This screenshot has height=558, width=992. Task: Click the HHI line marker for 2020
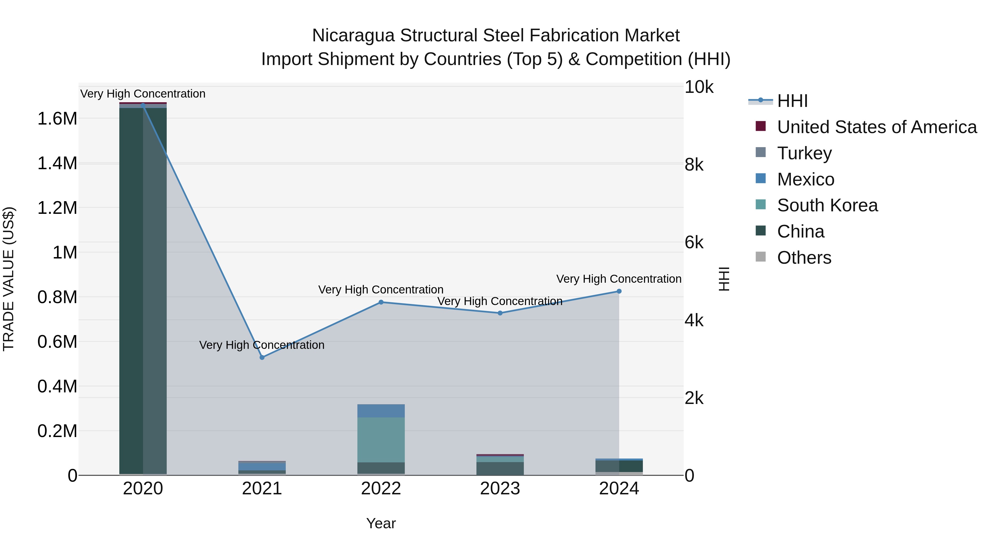[x=143, y=106]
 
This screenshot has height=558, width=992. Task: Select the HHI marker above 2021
[x=262, y=357]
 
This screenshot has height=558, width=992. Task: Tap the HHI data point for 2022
[x=381, y=302]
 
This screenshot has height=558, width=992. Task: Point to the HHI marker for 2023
[x=500, y=313]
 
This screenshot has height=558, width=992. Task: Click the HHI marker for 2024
[x=619, y=292]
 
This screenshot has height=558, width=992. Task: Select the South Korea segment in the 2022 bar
[x=381, y=440]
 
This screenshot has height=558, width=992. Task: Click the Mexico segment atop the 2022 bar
[x=381, y=411]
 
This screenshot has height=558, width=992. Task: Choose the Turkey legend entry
[x=804, y=153]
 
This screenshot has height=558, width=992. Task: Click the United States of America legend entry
[x=877, y=127]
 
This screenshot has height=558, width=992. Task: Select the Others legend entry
[x=804, y=258]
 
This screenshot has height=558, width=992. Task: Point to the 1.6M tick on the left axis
[x=57, y=118]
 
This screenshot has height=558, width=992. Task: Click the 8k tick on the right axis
[x=694, y=165]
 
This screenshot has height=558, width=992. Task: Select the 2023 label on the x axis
[x=500, y=489]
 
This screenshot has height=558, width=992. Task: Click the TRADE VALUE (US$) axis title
[x=9, y=279]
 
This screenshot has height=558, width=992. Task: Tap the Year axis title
[x=381, y=523]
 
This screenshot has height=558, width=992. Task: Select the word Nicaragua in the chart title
[x=353, y=36]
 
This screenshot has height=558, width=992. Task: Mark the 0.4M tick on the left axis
[x=57, y=386]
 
